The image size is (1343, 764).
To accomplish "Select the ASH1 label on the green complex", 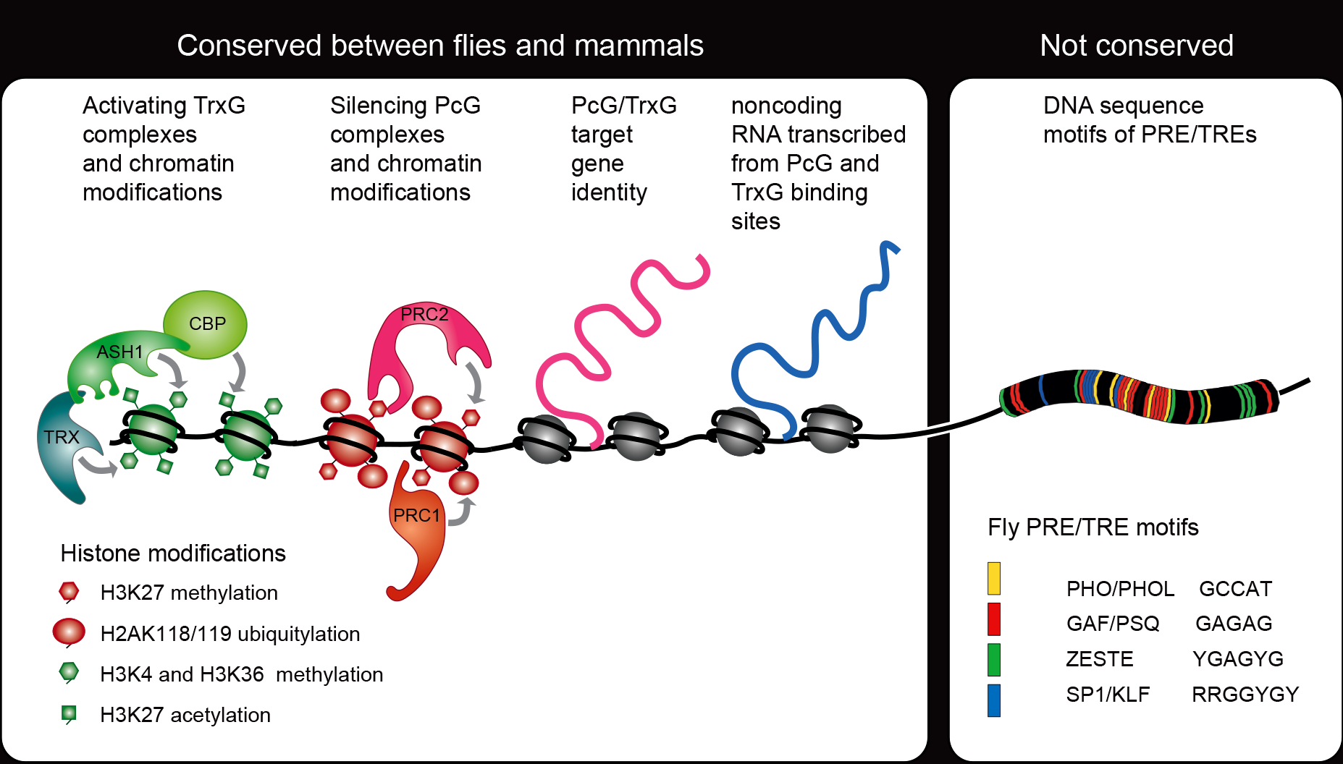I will pos(120,352).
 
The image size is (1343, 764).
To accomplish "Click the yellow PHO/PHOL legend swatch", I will pos(994,578).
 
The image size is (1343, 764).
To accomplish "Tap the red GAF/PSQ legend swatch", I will pos(994,619).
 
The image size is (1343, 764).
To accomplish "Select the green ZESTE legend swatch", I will pos(994,660).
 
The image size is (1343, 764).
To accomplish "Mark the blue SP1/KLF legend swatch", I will pos(994,700).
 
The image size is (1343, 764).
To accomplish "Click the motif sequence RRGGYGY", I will pos(1245,695).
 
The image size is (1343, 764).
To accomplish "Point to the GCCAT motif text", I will pos(1235,589).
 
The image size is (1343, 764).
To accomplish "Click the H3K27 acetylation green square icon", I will pos(69,714).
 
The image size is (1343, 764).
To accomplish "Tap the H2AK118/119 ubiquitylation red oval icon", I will pos(69,632).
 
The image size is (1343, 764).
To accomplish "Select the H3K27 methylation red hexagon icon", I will pos(69,592).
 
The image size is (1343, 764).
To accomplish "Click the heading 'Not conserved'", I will pos(1137,46).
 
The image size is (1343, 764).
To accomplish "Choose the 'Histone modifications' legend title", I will pos(173,553).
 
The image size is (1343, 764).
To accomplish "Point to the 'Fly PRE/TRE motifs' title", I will pos(1092,527).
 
